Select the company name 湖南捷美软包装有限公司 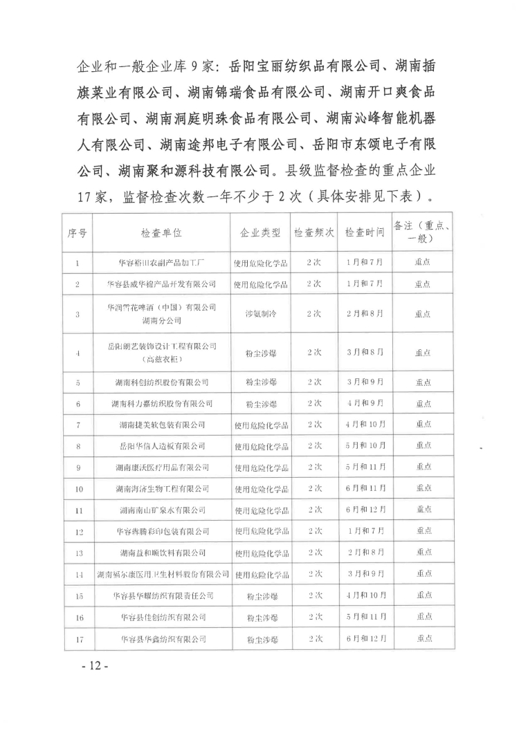pos(162,424)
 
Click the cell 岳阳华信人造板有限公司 pos(162,446)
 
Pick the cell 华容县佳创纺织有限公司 pos(162,617)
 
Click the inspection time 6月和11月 pos(365,489)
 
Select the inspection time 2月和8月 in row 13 pos(365,553)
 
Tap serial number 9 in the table pos(77,467)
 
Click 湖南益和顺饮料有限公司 pos(162,553)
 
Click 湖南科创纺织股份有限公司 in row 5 pos(162,381)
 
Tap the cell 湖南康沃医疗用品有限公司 pos(162,467)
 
